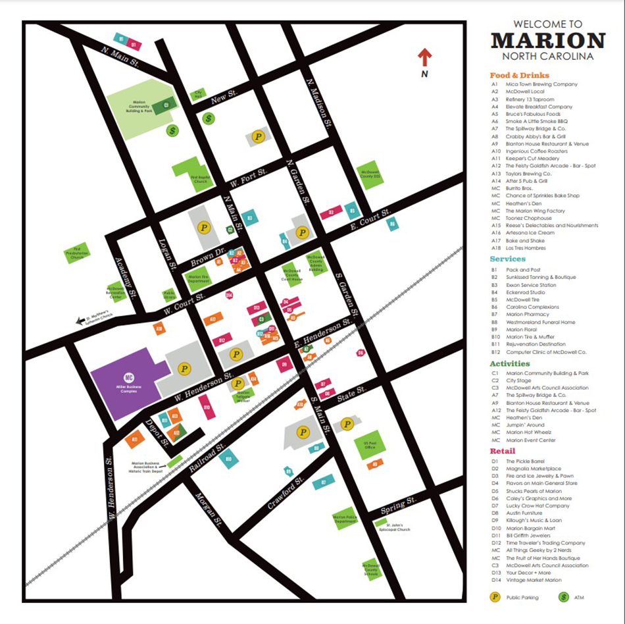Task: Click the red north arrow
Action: pyautogui.click(x=425, y=58)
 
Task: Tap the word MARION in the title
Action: pyautogui.click(x=547, y=41)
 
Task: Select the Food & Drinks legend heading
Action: pyautogui.click(x=520, y=75)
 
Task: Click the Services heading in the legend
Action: pyautogui.click(x=507, y=259)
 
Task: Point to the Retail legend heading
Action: pyautogui.click(x=503, y=451)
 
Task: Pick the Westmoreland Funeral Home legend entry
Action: pyautogui.click(x=540, y=322)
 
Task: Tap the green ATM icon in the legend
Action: pyautogui.click(x=563, y=598)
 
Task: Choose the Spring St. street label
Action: pyautogui.click(x=399, y=506)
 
